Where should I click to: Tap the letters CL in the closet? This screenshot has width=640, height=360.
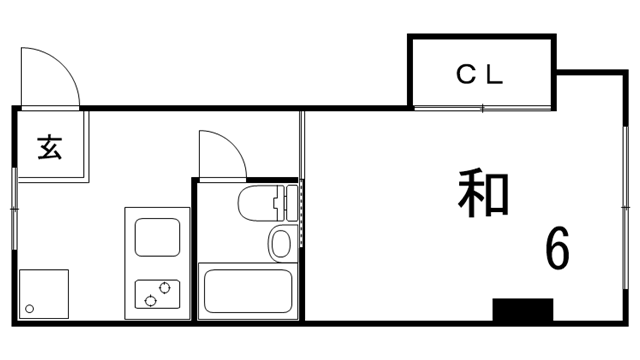tap(482, 74)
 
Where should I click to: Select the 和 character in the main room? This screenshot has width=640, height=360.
tap(485, 194)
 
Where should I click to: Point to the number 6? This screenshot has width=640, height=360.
tap(557, 248)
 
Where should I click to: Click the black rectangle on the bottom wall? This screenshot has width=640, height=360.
tap(522, 310)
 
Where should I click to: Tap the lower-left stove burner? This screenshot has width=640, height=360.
tap(150, 298)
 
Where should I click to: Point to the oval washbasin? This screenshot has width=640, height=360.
tap(280, 243)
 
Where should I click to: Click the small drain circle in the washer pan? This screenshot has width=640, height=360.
tap(30, 308)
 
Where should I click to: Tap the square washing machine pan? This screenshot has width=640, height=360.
tap(43, 294)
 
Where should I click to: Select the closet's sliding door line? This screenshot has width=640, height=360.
tap(482, 107)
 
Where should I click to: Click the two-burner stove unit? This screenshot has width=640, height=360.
tap(157, 293)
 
